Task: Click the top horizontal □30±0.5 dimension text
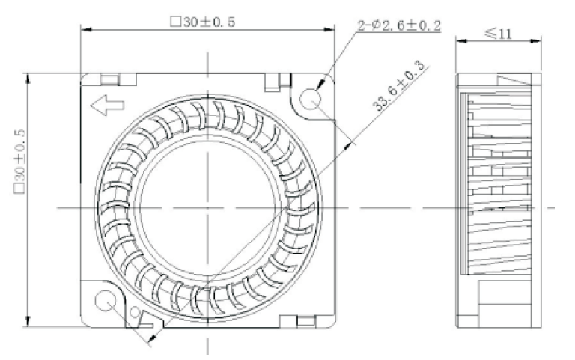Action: click(203, 22)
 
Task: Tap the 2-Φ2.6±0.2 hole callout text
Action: click(399, 26)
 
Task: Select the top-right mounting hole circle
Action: click(311, 97)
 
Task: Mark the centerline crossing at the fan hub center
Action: click(207, 207)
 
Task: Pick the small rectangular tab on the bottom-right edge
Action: click(306, 321)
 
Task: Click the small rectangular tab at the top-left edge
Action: click(109, 78)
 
